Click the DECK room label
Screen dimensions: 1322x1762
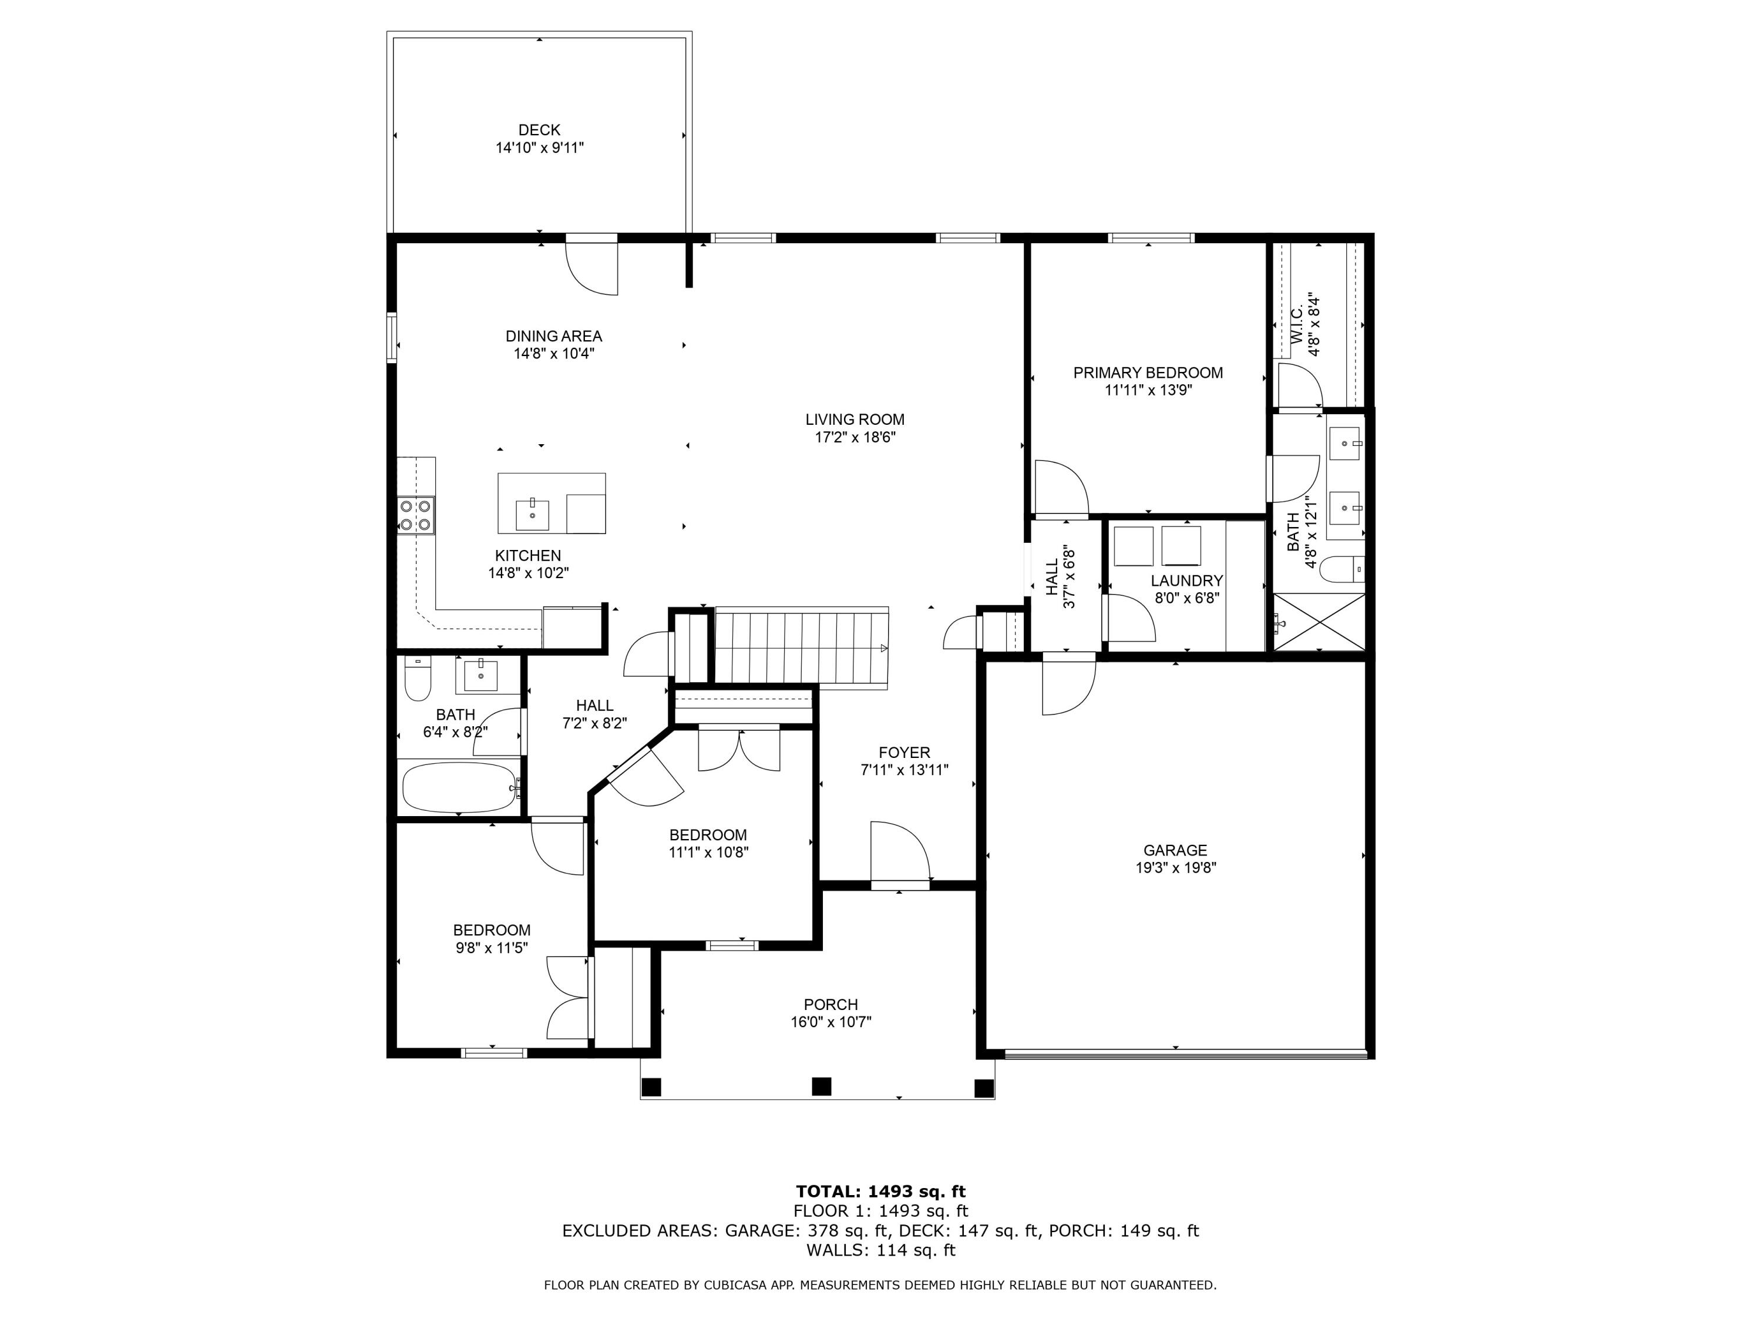point(539,130)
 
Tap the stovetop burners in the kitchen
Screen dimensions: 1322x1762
point(415,515)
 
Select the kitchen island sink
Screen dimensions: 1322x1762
point(532,515)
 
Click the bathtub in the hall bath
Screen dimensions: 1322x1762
point(460,787)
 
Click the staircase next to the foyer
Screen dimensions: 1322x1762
point(800,646)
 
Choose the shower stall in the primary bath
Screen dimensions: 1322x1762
point(1319,622)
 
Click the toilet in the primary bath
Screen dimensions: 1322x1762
point(1341,570)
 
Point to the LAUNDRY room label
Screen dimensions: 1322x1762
point(1186,581)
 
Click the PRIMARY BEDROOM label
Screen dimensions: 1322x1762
point(1148,372)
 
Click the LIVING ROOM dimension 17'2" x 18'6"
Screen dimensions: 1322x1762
point(855,437)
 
